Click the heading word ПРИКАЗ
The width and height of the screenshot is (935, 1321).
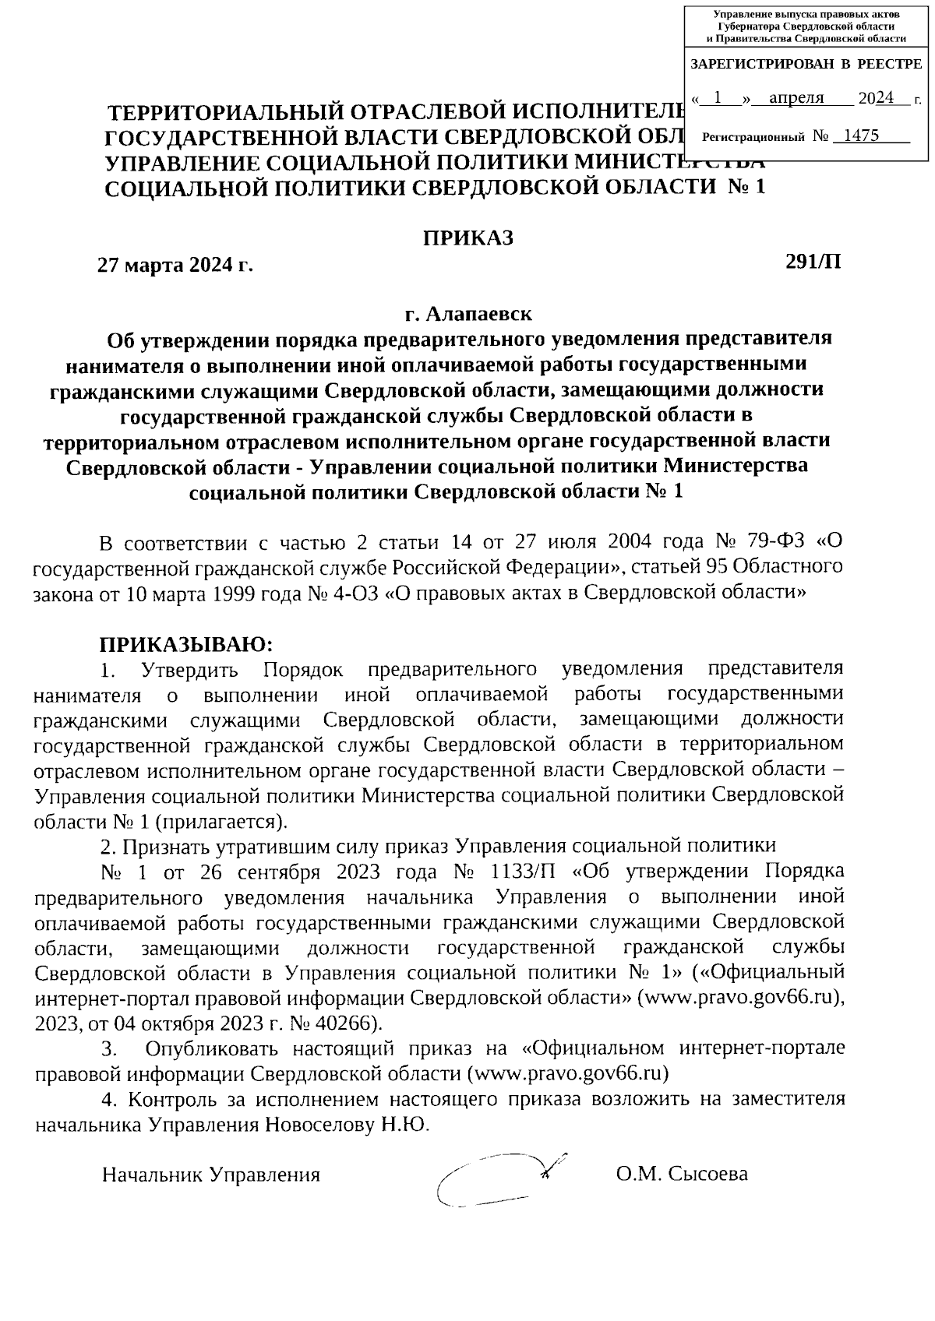pyautogui.click(x=467, y=238)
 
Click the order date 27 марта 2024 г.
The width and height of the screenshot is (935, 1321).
pyautogui.click(x=175, y=265)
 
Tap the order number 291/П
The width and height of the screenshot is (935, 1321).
pyautogui.click(x=813, y=261)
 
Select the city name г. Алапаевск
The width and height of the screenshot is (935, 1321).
pyautogui.click(x=467, y=314)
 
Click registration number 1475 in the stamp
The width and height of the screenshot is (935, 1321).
pyautogui.click(x=861, y=136)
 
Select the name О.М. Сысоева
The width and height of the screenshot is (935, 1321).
pyautogui.click(x=681, y=1174)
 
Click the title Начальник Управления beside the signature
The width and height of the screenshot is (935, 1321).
pyautogui.click(x=211, y=1175)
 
